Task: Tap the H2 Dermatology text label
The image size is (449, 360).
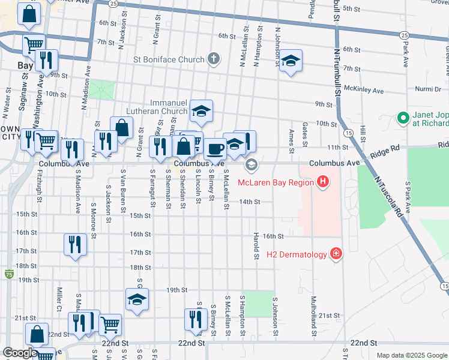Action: [x=297, y=254]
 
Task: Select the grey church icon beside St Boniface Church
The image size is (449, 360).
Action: [x=213, y=59]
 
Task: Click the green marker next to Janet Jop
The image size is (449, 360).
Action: [x=403, y=118]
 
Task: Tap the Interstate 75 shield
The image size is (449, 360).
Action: [x=8, y=274]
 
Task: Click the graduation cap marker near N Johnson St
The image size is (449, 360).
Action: [x=291, y=61]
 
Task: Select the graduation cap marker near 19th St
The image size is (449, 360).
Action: [x=137, y=300]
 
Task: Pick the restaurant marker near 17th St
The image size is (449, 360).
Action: [x=75, y=244]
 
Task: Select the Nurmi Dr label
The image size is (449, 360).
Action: [x=427, y=89]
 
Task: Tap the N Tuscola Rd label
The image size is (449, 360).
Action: [x=388, y=196]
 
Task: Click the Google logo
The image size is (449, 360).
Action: [x=20, y=353]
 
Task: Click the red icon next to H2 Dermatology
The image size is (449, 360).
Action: [x=336, y=254]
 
